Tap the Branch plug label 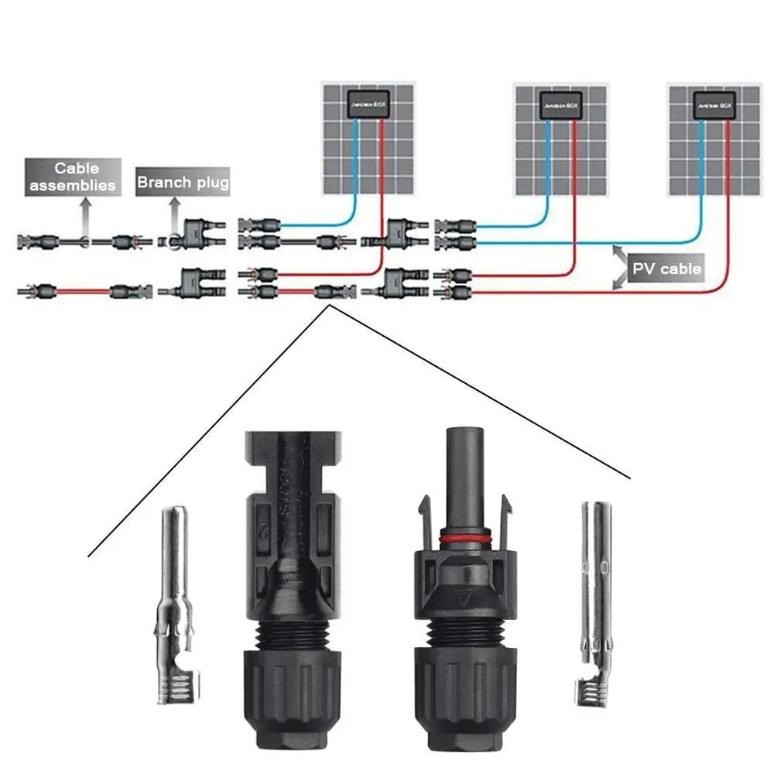click(183, 183)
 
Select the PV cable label click(666, 269)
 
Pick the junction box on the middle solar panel click(561, 104)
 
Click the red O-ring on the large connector click(465, 538)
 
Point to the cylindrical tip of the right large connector click(464, 472)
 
